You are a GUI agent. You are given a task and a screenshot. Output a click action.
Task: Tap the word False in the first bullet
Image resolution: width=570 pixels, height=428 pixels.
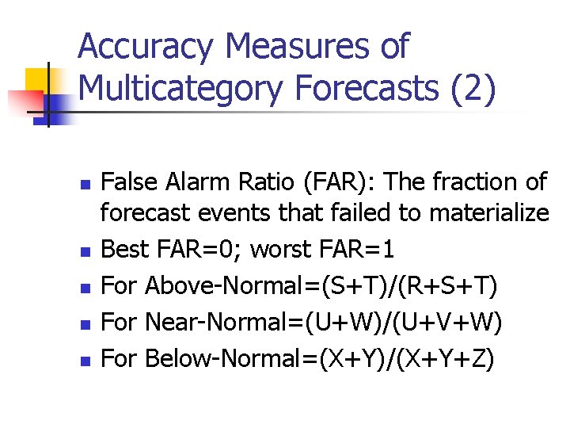click(x=127, y=182)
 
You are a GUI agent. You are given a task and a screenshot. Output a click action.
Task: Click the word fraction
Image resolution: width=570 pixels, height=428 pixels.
click(x=465, y=182)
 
